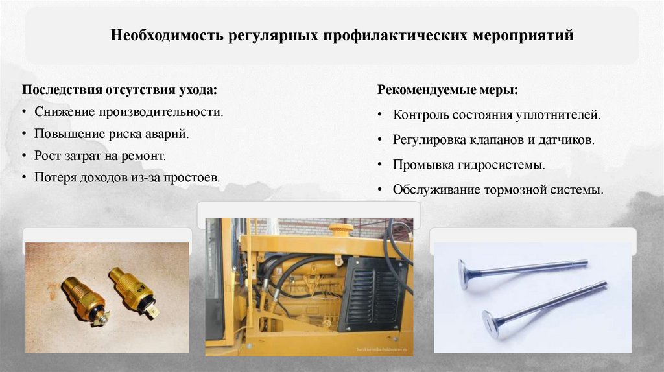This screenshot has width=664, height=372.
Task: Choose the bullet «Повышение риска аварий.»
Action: (x=112, y=134)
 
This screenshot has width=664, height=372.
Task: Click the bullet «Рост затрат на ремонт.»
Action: (x=101, y=156)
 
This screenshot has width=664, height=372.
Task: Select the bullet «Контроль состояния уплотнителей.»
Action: (x=497, y=117)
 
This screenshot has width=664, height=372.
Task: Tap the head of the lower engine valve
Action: (x=491, y=322)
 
